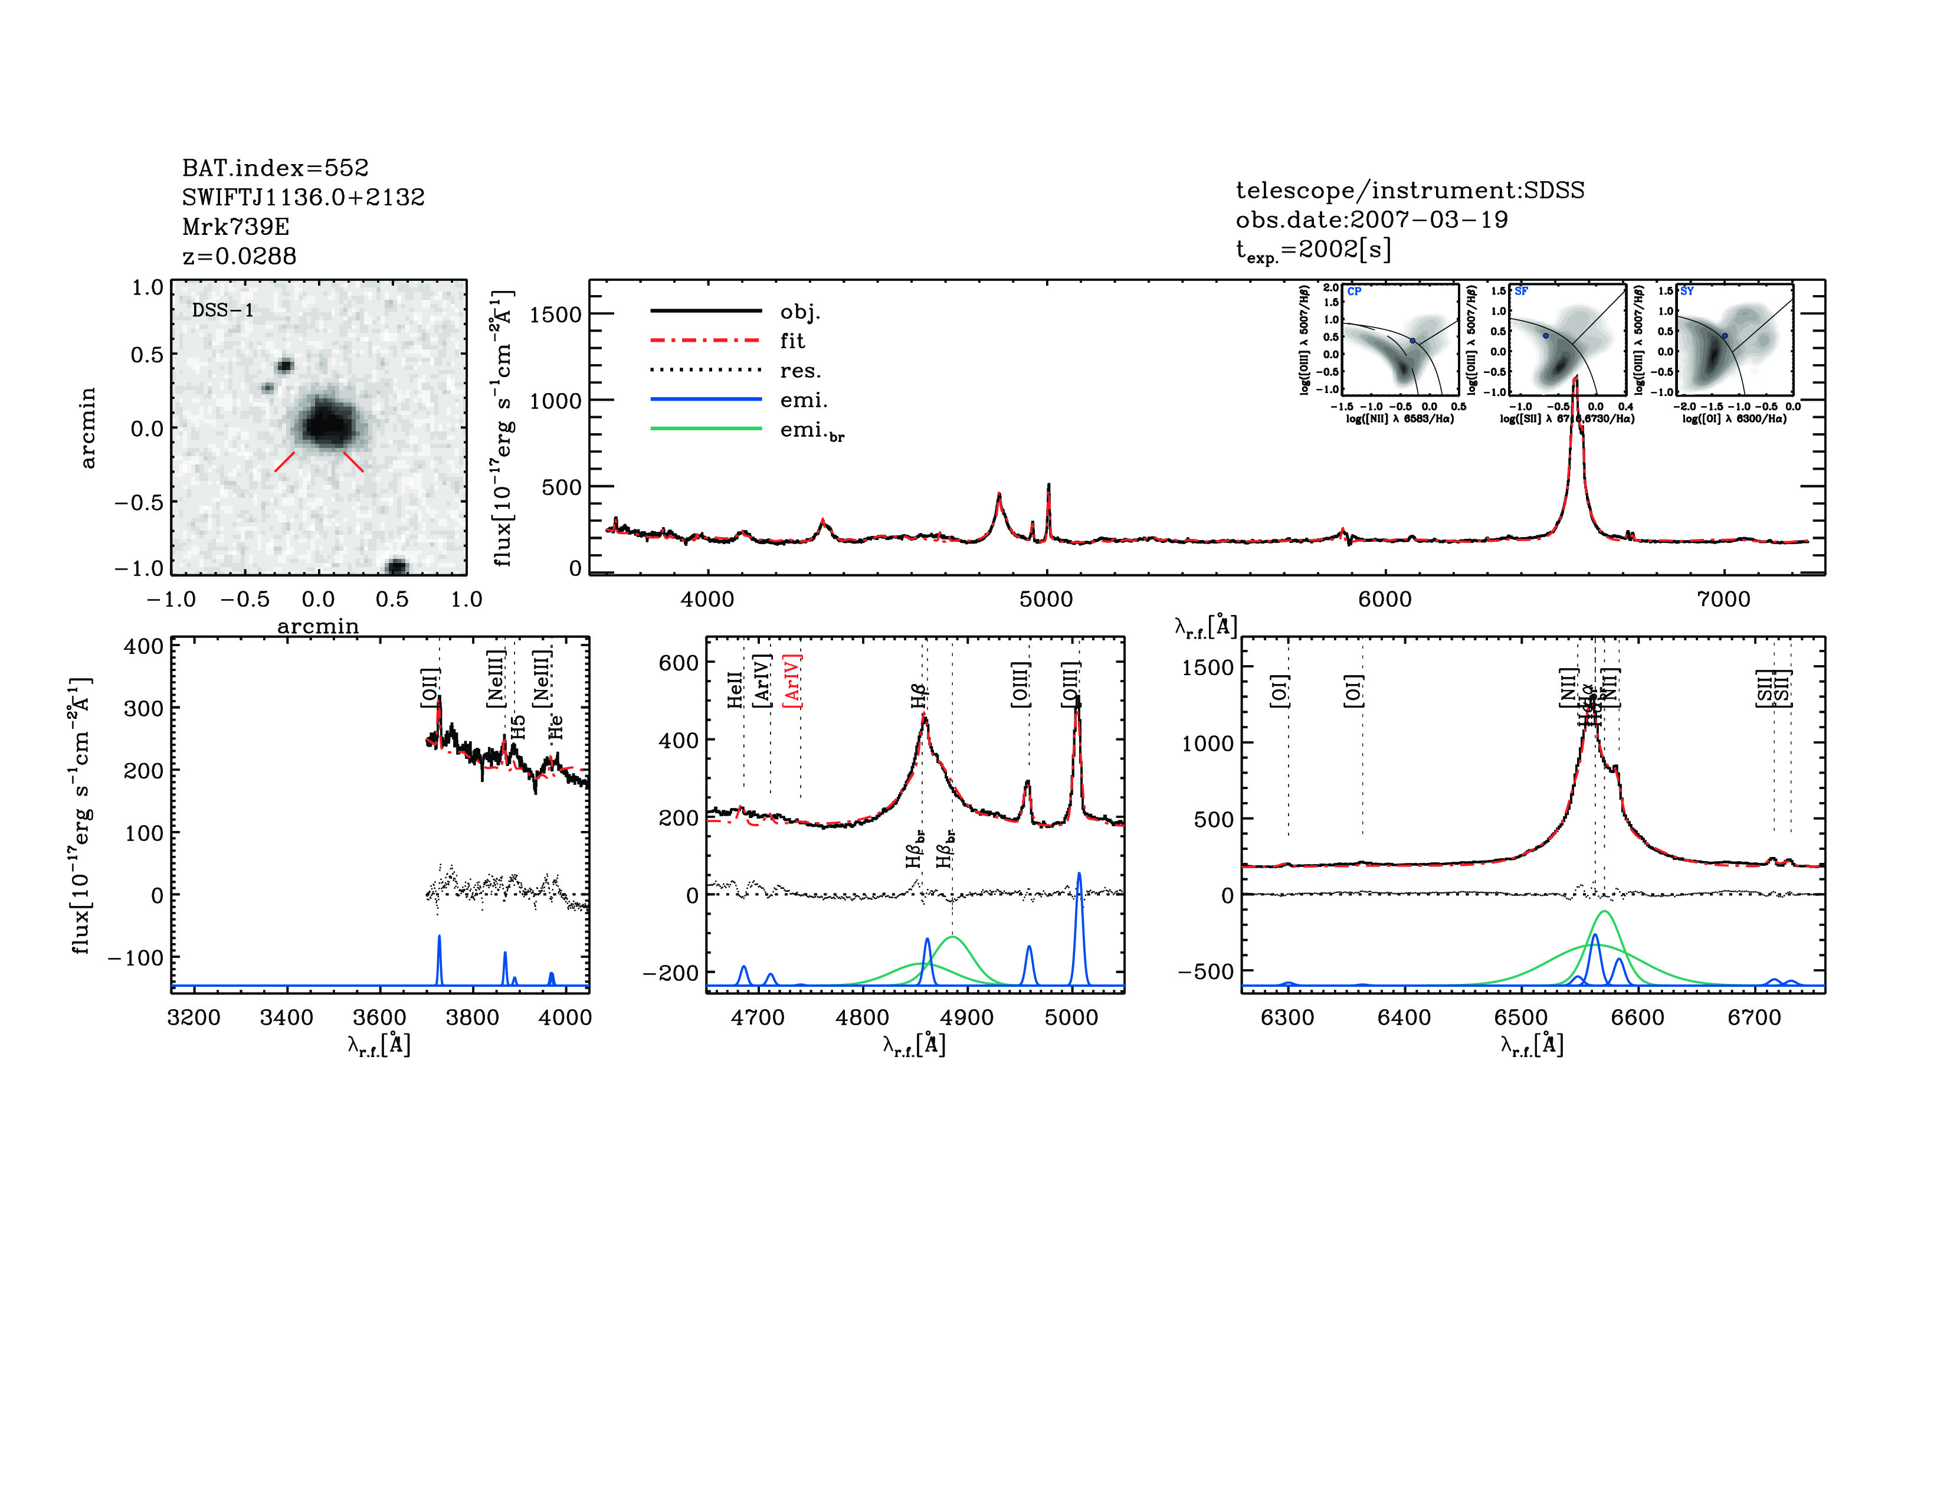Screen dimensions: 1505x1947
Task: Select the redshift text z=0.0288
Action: [x=239, y=256]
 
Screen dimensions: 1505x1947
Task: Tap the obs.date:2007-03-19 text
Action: [x=1371, y=220]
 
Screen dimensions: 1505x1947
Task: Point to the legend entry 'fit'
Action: [x=792, y=341]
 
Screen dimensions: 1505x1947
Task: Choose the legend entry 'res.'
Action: [x=799, y=370]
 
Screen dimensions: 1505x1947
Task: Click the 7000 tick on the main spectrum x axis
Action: [x=1723, y=598]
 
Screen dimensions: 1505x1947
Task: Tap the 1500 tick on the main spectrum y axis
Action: [x=555, y=314]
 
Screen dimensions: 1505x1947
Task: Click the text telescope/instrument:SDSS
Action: [x=1410, y=190]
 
